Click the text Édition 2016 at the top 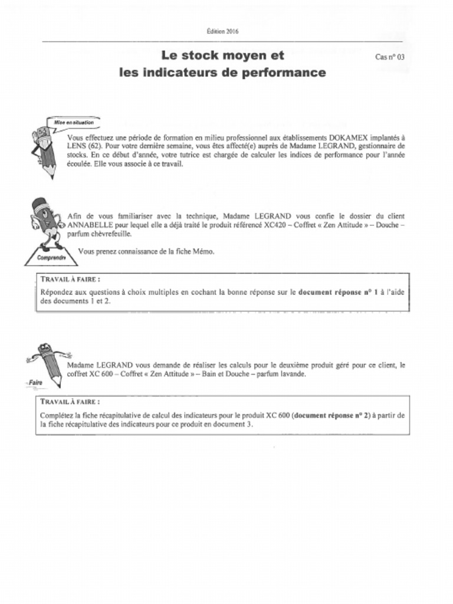[x=222, y=31]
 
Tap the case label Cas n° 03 [x=390, y=57]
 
